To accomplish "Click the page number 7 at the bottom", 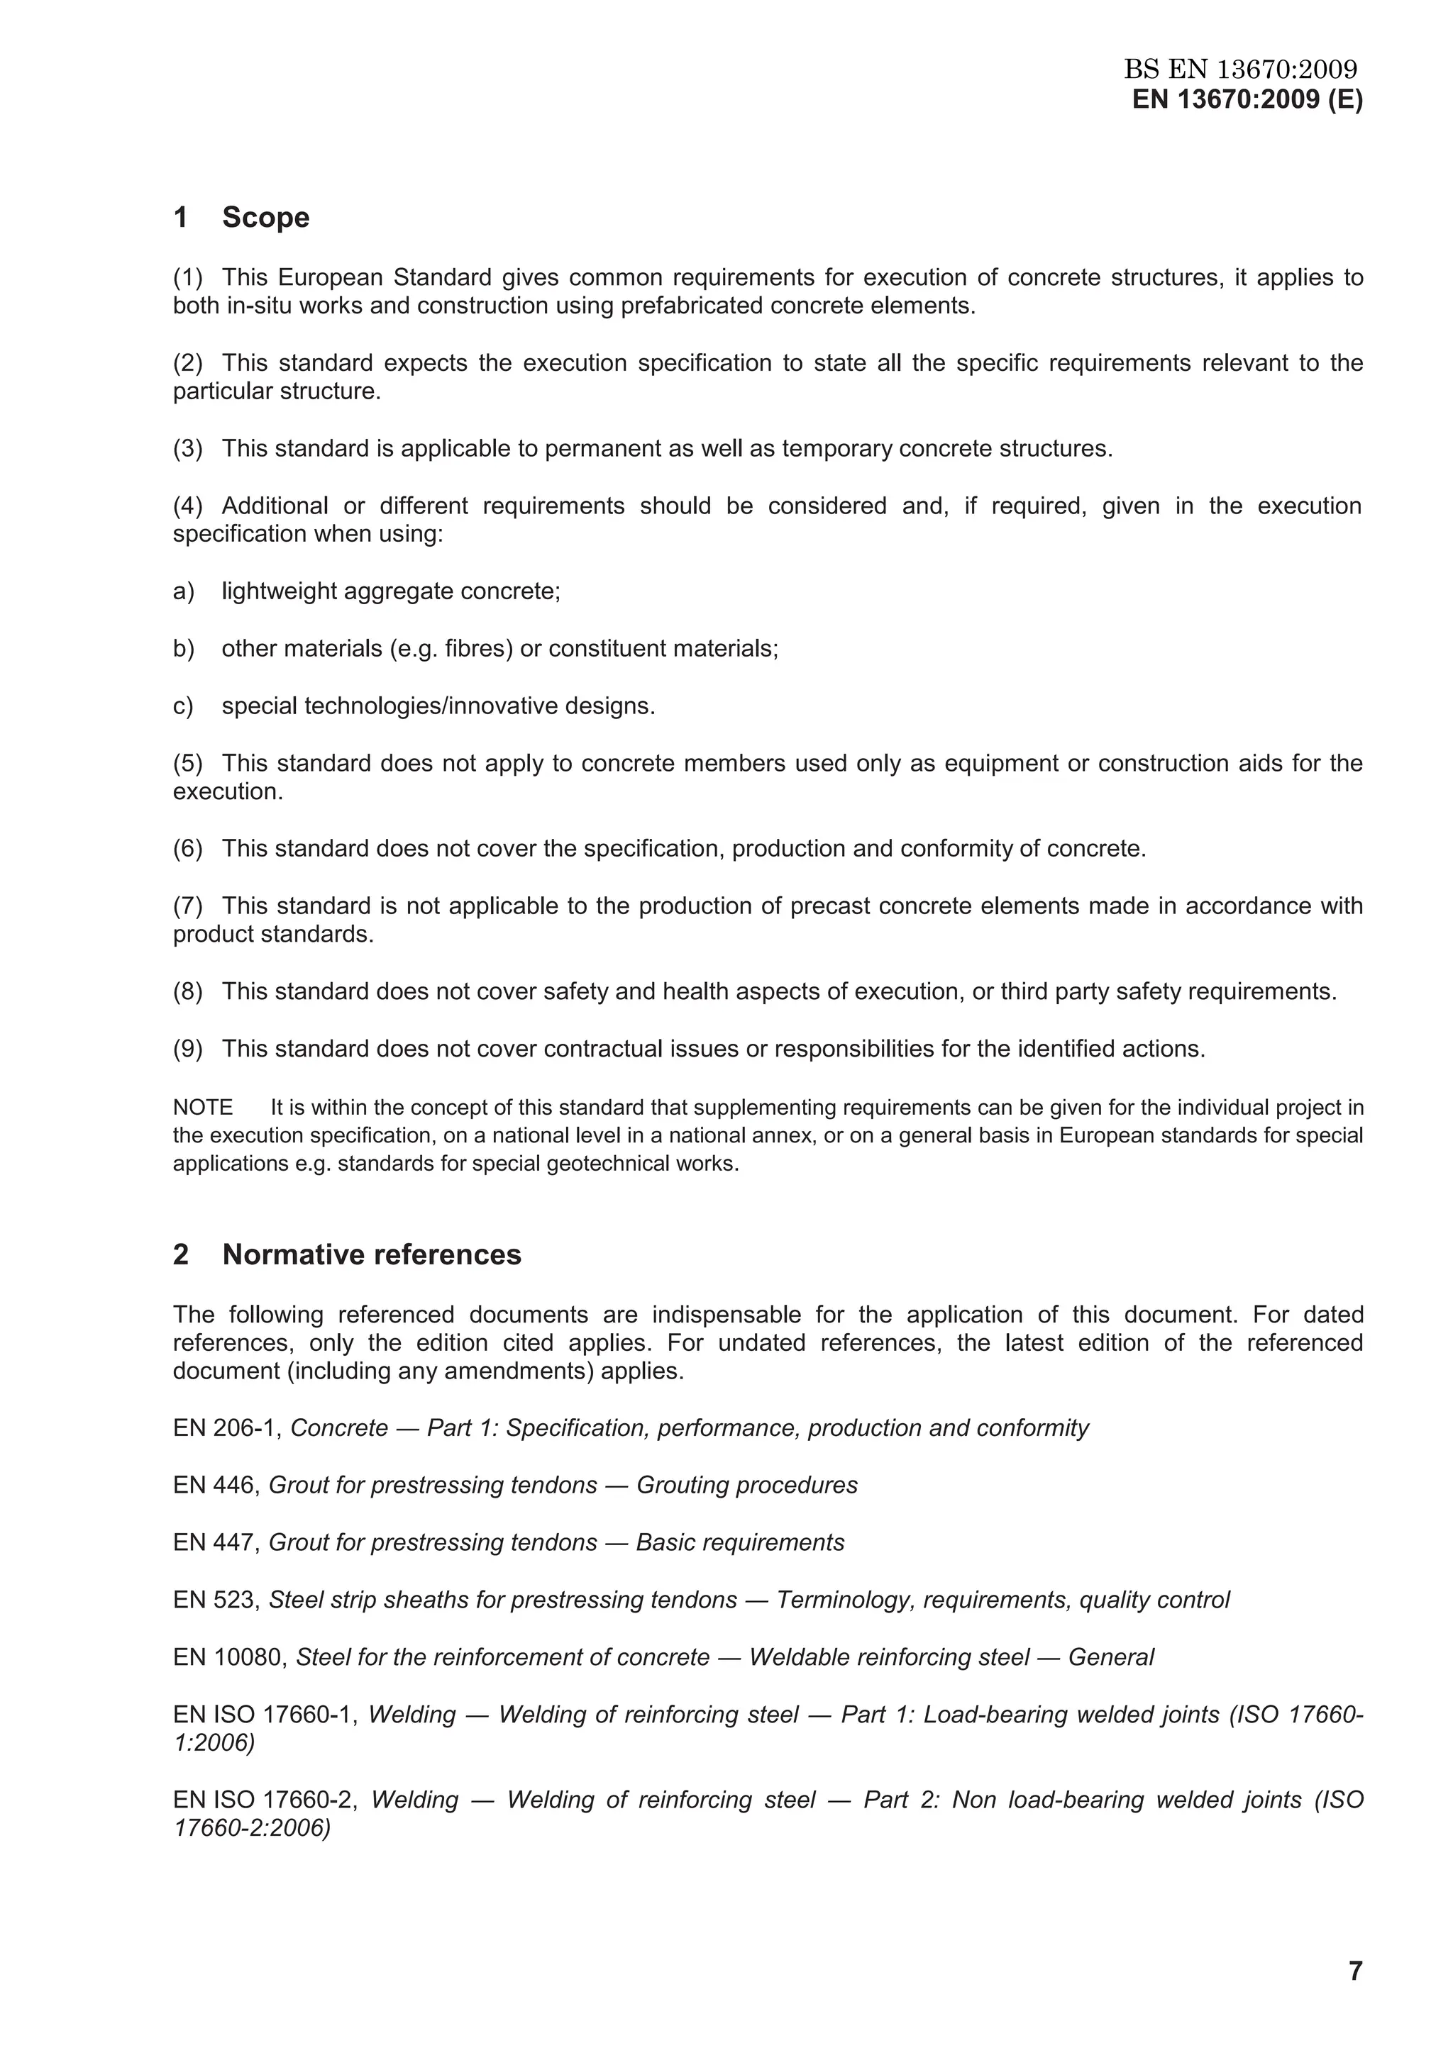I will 1354,1970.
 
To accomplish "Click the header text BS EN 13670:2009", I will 1240,69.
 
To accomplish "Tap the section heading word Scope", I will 265,218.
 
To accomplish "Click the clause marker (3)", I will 188,448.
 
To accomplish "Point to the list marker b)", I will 184,648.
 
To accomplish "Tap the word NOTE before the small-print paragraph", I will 202,1107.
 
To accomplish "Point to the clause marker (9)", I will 188,1048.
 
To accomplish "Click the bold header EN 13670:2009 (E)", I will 1247,99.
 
